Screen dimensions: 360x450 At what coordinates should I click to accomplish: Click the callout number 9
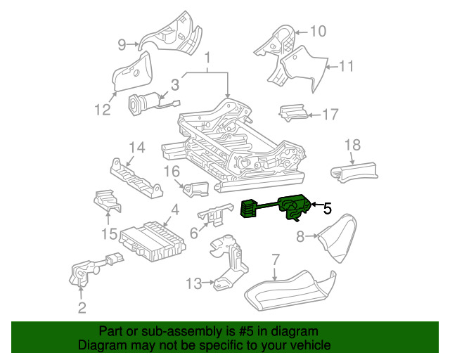point(122,45)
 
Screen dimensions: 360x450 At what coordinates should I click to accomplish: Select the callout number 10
point(319,31)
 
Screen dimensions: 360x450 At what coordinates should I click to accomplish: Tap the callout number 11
point(345,67)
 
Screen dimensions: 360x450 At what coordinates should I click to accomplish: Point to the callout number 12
point(103,110)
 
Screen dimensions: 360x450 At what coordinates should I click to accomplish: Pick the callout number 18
point(352,145)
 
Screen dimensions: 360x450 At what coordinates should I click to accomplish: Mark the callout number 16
point(172,171)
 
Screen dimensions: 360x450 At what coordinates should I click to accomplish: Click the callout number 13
point(194,283)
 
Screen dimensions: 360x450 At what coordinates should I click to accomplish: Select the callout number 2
point(82,307)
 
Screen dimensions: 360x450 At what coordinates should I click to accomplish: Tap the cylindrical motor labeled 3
point(141,105)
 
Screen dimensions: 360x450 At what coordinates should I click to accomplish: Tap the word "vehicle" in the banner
point(308,345)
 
